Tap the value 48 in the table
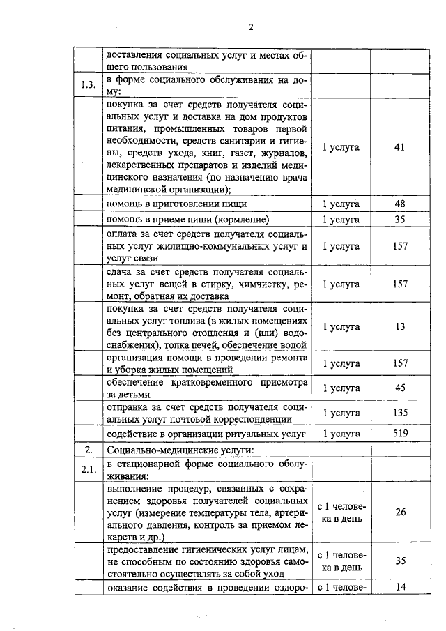[399, 204]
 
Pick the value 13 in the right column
[399, 326]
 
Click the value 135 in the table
[399, 412]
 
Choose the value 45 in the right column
[399, 388]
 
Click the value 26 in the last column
[399, 512]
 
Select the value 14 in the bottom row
[399, 588]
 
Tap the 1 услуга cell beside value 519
[340, 433]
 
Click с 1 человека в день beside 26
[340, 512]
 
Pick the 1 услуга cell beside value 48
[340, 204]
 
